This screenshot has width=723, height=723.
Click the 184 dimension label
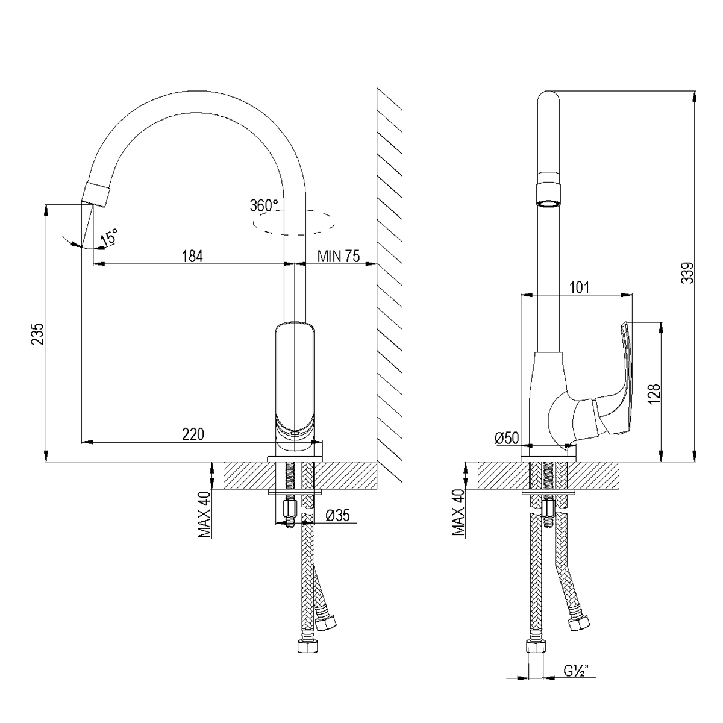coord(192,256)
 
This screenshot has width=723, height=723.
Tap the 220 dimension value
coord(193,434)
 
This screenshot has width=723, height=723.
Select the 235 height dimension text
coord(38,334)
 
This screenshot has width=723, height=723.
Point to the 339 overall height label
coord(687,273)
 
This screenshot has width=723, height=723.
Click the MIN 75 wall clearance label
coord(339,256)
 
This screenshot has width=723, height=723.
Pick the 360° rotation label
coord(264,205)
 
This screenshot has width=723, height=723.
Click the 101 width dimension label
coord(579,287)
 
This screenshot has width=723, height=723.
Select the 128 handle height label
coord(654,394)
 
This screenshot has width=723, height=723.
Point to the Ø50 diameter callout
coord(507,438)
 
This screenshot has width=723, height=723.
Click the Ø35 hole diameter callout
coord(337,516)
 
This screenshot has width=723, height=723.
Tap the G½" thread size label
coord(576,681)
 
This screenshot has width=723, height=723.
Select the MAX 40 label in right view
coord(458,512)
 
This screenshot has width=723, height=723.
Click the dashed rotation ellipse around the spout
coord(294,223)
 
